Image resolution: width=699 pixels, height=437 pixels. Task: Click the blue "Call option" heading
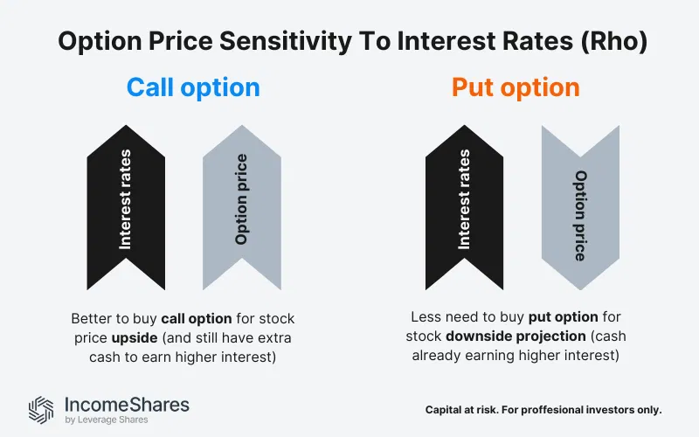point(193,87)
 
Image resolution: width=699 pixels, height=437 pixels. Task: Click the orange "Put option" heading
point(516,87)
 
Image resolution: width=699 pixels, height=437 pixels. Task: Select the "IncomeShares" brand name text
point(127,405)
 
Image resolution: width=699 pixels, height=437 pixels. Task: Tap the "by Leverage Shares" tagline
point(107,420)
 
